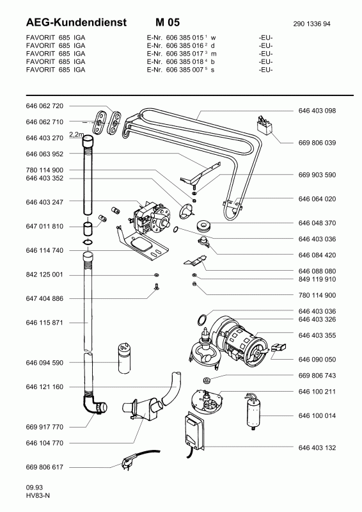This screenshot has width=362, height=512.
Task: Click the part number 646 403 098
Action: (x=317, y=111)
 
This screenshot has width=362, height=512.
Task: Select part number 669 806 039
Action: (x=317, y=143)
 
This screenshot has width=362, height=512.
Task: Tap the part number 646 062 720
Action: (x=44, y=106)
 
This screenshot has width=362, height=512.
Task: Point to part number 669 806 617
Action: (x=44, y=467)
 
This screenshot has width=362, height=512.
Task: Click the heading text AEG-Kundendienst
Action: (x=76, y=22)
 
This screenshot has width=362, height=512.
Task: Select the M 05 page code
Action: (x=168, y=22)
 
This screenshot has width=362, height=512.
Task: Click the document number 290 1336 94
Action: (x=311, y=24)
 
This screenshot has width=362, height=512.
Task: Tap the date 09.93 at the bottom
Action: (x=35, y=488)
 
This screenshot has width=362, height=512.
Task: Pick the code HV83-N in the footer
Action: (x=38, y=495)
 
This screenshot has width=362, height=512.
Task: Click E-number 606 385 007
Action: (x=185, y=70)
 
